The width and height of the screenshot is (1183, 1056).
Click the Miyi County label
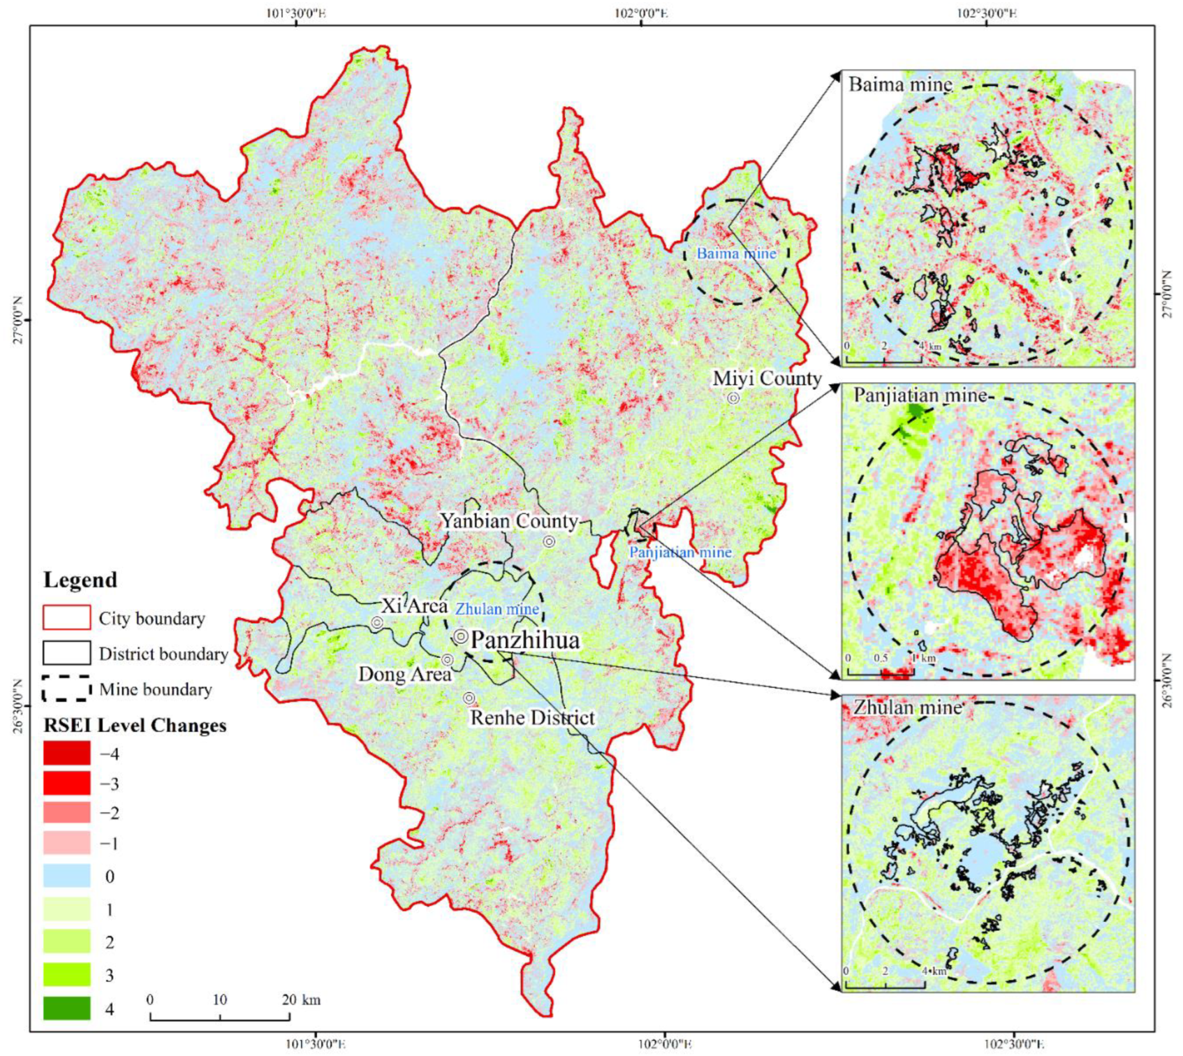pyautogui.click(x=766, y=379)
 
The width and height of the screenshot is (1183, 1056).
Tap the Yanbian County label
pyautogui.click(x=509, y=521)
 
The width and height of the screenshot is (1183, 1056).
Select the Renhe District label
pyautogui.click(x=532, y=718)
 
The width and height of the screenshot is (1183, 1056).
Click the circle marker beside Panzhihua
pyautogui.click(x=461, y=637)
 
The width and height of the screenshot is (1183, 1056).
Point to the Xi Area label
pyautogui.click(x=414, y=606)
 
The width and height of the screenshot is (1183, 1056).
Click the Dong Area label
pyautogui.click(x=404, y=674)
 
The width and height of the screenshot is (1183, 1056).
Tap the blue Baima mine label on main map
pyautogui.click(x=736, y=254)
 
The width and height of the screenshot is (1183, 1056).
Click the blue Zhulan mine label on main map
pyautogui.click(x=497, y=609)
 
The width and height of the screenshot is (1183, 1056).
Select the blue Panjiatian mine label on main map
pyautogui.click(x=680, y=552)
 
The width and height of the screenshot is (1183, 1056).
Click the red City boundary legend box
pyautogui.click(x=66, y=617)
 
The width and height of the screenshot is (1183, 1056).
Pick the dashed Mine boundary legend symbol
pyautogui.click(x=66, y=689)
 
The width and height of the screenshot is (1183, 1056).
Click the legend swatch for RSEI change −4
pyautogui.click(x=66, y=753)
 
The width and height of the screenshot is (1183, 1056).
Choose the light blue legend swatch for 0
pyautogui.click(x=66, y=875)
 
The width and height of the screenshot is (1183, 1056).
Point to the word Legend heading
pyautogui.click(x=80, y=580)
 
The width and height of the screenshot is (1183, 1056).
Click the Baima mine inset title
pyautogui.click(x=900, y=85)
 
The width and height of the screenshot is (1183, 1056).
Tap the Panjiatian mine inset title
pyautogui.click(x=919, y=396)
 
